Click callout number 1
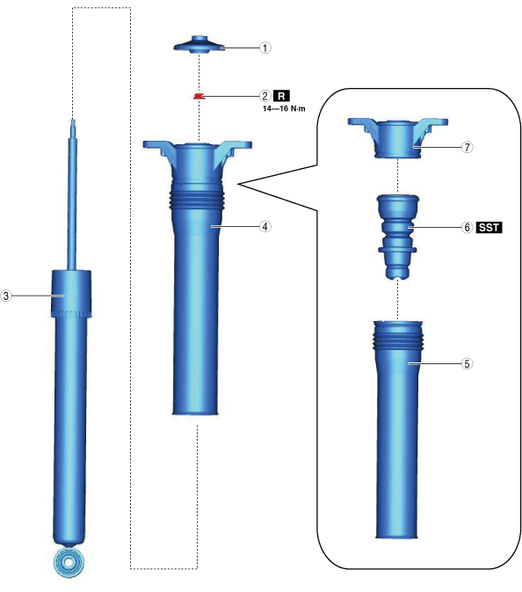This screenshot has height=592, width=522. point(265,48)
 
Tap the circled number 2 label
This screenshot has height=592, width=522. point(265,96)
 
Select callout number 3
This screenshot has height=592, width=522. point(6,296)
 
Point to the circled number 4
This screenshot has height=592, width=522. point(265,226)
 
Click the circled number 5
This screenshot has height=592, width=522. point(467,363)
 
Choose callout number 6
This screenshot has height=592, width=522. point(467,227)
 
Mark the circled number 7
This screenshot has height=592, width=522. point(467,147)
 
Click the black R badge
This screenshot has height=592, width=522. point(281,96)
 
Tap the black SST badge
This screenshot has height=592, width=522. point(489,227)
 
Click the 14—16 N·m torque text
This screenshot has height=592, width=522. point(284,109)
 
